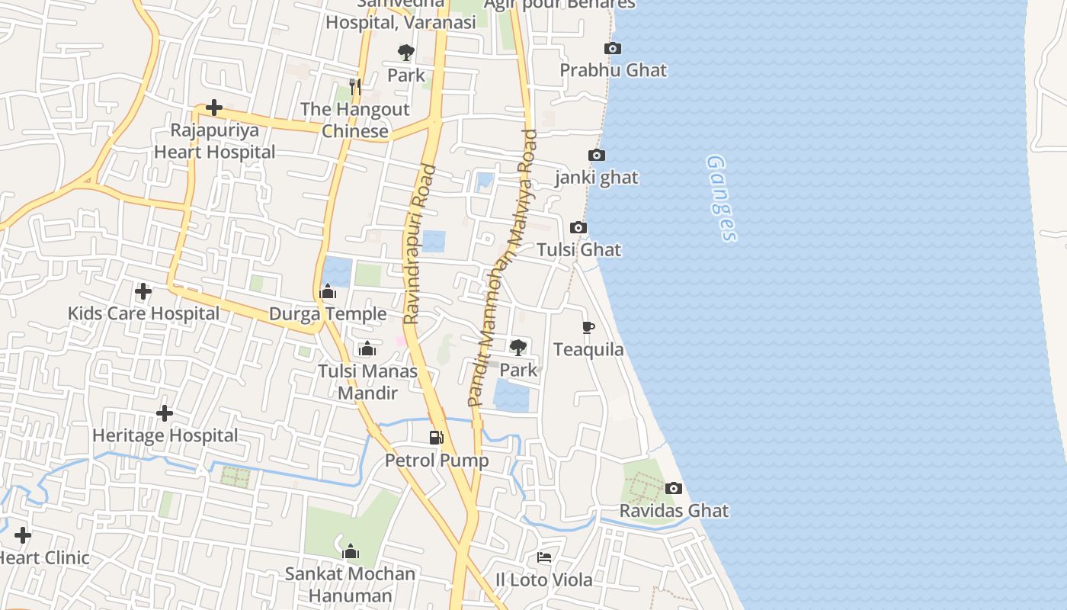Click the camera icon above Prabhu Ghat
coord(612,49)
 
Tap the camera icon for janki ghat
coord(597,156)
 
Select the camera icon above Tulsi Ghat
coord(578,227)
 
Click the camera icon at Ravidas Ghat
coord(674,488)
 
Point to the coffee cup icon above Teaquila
coord(588,328)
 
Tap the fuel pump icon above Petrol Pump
coord(436,438)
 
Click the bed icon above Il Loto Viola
coord(544,557)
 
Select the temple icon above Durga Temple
coord(328,292)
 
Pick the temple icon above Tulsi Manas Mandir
coord(367,349)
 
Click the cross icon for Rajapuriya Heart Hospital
coord(214,108)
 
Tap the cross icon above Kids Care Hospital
coord(143,291)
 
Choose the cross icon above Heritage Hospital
coord(164,413)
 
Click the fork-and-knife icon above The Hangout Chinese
coord(354,87)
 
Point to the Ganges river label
coord(721,198)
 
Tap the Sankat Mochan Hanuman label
coord(350,584)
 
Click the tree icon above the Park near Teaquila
coord(518,348)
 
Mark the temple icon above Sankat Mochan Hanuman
coord(351,551)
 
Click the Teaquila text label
coord(588,350)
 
